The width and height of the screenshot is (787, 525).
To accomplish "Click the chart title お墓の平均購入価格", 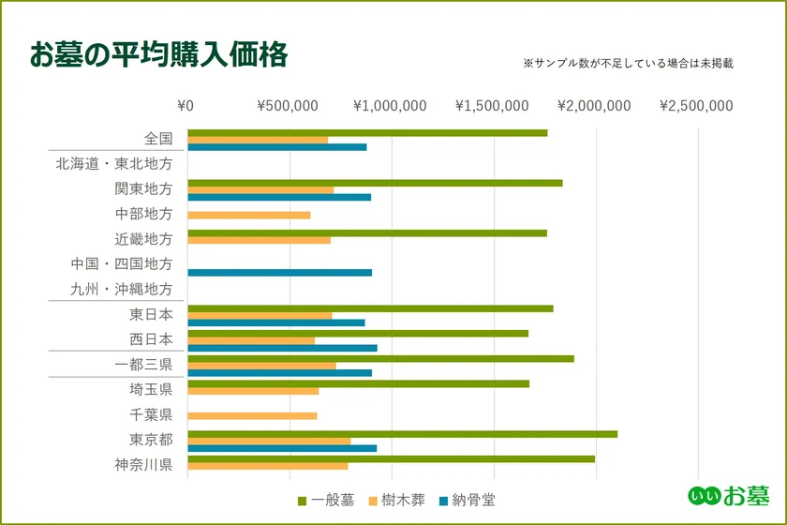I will [158, 55].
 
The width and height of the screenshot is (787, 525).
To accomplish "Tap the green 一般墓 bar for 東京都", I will [402, 434].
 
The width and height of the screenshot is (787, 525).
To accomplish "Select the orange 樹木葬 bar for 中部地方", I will [248, 215].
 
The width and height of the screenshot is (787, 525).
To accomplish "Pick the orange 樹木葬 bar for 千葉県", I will [252, 415].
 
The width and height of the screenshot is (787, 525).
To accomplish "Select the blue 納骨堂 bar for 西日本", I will [282, 348].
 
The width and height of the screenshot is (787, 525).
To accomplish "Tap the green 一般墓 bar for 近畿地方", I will [366, 232].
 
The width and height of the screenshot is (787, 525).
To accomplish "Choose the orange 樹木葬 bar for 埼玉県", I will [253, 391].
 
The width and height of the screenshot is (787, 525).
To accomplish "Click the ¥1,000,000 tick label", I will [390, 106].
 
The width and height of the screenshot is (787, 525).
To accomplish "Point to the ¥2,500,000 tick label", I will [696, 106].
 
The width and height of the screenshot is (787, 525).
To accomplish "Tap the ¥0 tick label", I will [186, 106].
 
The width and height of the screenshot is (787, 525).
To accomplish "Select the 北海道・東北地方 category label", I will [114, 164].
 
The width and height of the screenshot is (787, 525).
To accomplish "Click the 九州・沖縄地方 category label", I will [122, 290].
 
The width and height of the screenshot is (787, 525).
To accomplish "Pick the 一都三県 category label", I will [143, 365].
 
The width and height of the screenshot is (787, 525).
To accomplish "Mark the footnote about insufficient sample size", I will [627, 65].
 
